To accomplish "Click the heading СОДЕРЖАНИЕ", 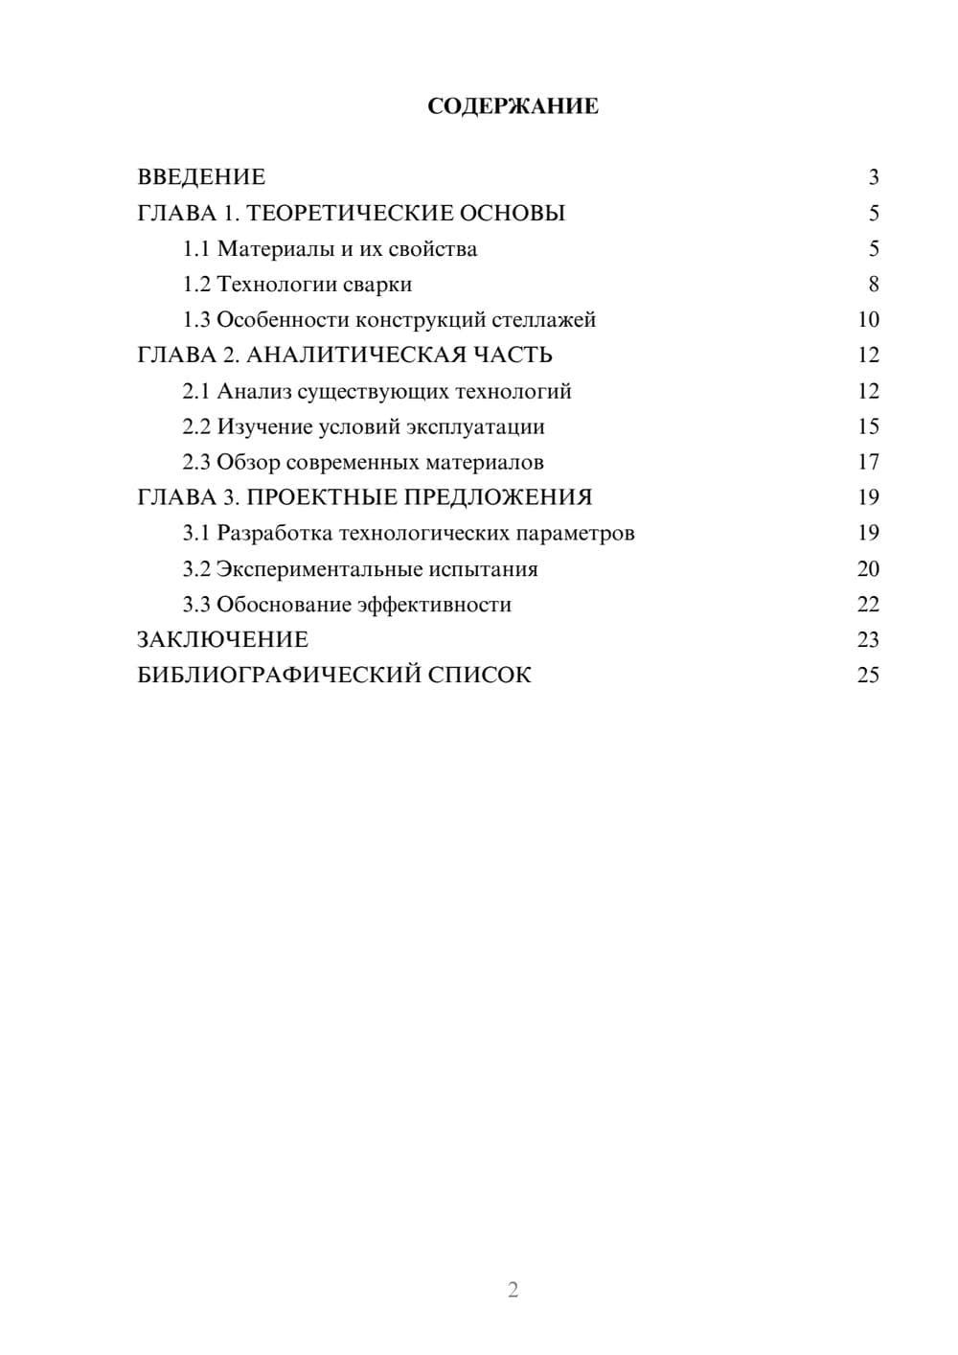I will (x=513, y=106).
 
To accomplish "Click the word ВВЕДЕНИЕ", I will (x=201, y=177).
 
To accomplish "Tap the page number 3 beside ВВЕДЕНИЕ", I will (x=874, y=177).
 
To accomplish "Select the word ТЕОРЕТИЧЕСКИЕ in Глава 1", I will (x=350, y=213).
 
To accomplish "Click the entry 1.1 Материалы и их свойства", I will (x=330, y=249).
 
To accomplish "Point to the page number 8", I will (x=874, y=285).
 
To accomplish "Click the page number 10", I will (x=868, y=320).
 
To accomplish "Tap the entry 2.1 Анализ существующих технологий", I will (x=376, y=391).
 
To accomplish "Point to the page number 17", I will (x=868, y=463).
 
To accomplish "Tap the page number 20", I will (x=868, y=569).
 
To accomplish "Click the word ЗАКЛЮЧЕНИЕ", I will (x=222, y=640).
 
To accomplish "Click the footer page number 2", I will (x=513, y=1290).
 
